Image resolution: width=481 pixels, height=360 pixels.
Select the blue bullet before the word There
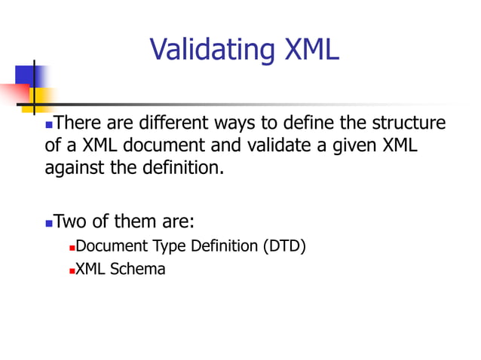click(50, 124)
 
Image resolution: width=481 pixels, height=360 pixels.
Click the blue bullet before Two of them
click(50, 224)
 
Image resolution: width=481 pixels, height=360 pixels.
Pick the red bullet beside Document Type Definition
click(72, 248)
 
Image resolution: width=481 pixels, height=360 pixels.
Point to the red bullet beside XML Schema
click(72, 270)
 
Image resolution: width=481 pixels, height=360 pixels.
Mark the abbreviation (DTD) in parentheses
click(284, 246)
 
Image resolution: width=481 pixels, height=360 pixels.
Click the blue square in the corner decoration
click(24, 75)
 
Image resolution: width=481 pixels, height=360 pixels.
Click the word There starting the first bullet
click(78, 123)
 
